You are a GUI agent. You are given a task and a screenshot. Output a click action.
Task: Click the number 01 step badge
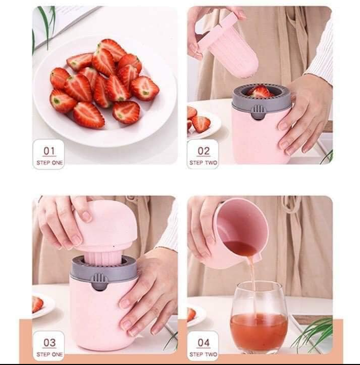[49, 154]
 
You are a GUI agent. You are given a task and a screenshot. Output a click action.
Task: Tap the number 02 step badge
[203, 154]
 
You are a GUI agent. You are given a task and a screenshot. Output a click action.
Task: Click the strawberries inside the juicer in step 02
[260, 92]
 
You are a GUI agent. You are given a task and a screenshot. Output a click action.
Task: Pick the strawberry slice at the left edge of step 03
[38, 304]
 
